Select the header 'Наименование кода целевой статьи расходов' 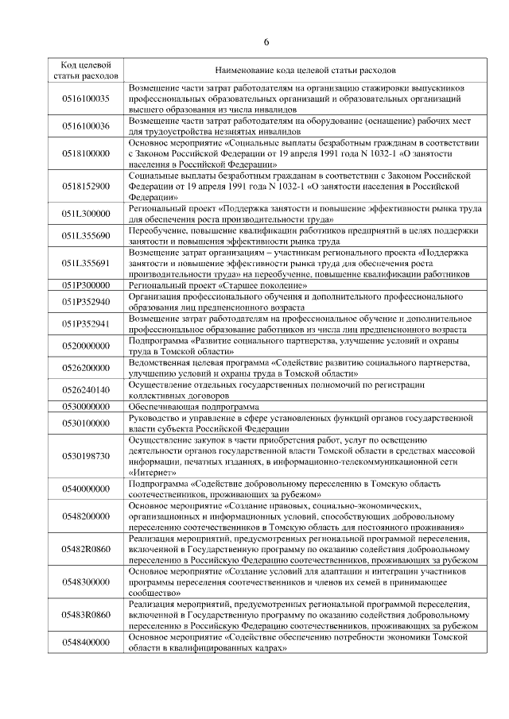point(305,70)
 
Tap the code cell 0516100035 point(85,98)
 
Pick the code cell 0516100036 point(85,126)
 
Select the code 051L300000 point(85,214)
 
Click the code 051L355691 point(85,263)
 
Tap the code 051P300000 point(85,284)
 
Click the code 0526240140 point(85,390)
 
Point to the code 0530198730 point(85,455)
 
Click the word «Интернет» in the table point(151,471)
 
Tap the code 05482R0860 point(85,548)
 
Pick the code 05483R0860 point(85,614)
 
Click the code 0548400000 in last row point(85,642)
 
